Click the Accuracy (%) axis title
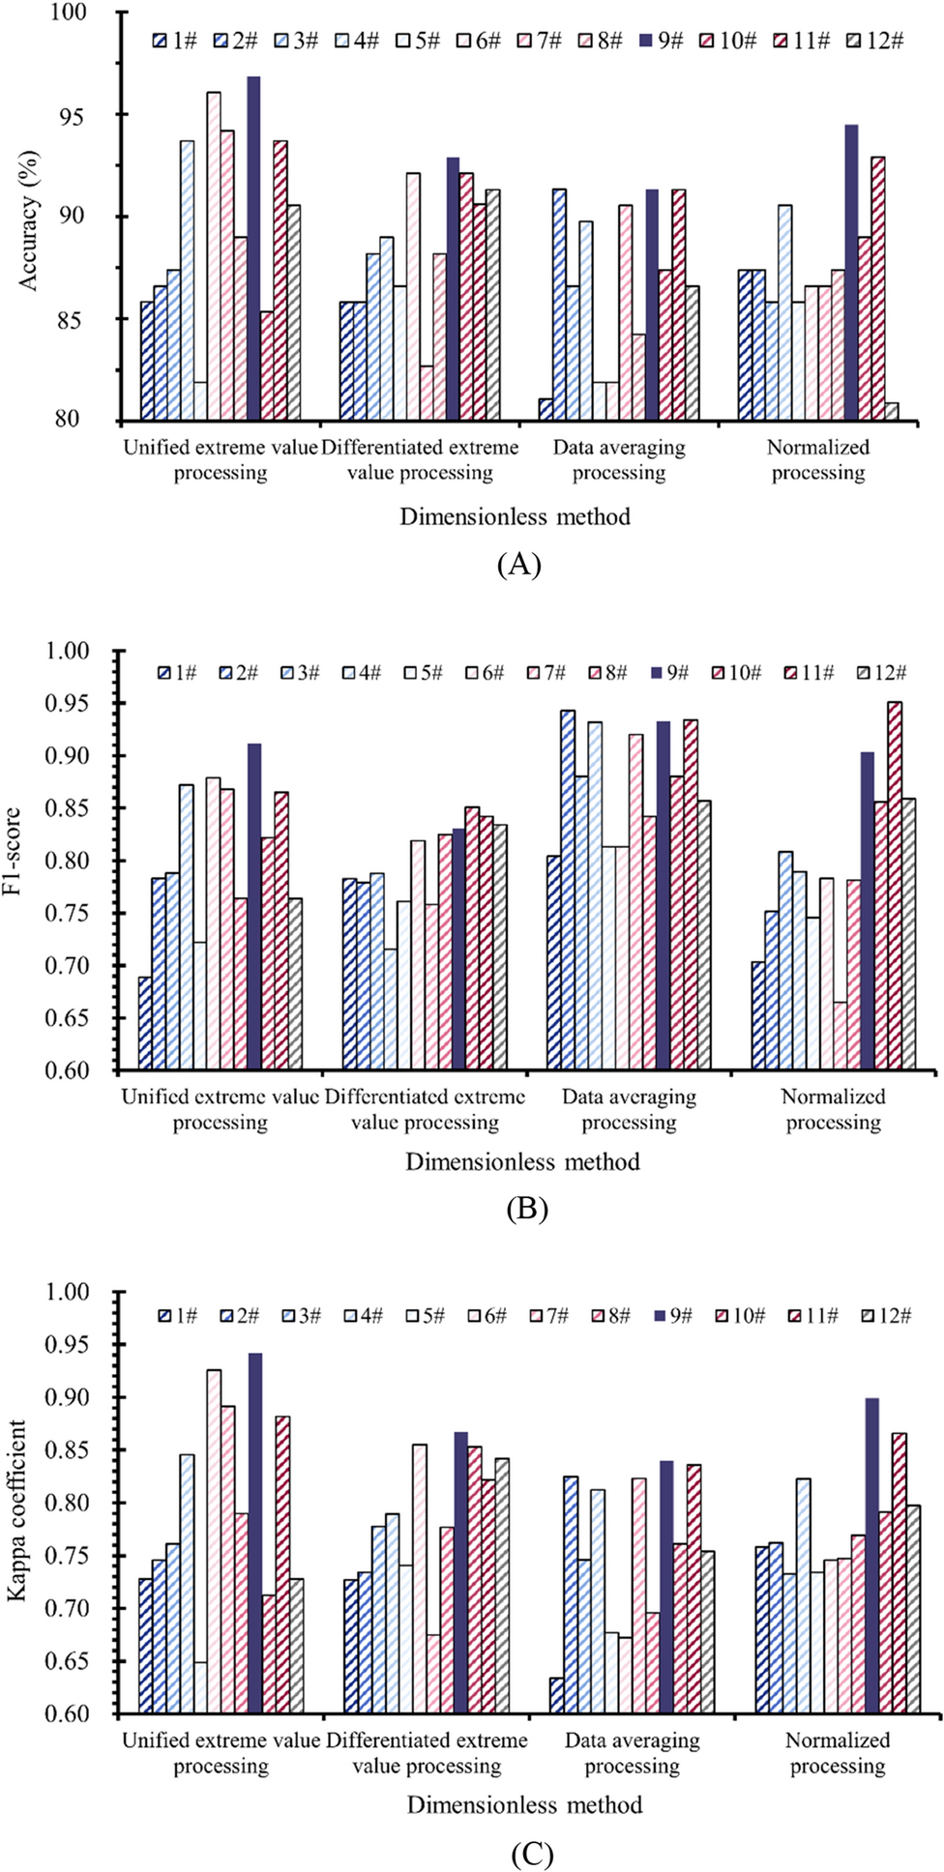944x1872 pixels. [x=28, y=220]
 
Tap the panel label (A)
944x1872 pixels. [x=517, y=564]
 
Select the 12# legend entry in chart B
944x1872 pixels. [x=882, y=673]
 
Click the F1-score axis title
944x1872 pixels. [x=13, y=851]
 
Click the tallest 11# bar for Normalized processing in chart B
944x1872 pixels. [x=896, y=886]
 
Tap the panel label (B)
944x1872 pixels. [x=527, y=1209]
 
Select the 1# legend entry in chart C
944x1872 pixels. [x=177, y=1316]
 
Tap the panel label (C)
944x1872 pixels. [x=531, y=1854]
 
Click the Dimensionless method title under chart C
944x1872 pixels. [x=524, y=1805]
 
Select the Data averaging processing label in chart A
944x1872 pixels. [x=619, y=460]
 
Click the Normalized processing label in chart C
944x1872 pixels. [x=838, y=1753]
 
